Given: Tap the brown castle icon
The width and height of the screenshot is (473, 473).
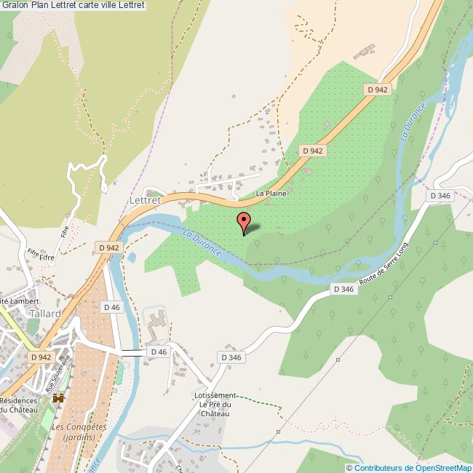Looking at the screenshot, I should [57, 398].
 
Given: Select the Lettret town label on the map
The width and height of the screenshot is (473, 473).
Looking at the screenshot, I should [144, 198].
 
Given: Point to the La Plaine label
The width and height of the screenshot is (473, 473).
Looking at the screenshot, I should [271, 194].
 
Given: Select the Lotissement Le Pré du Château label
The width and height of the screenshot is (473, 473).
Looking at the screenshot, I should [212, 404].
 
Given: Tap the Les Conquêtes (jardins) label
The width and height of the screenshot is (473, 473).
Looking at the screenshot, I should [79, 432].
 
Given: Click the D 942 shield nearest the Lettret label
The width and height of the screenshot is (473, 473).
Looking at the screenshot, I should [108, 247].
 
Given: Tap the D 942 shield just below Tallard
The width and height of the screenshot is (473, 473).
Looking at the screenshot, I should [41, 357].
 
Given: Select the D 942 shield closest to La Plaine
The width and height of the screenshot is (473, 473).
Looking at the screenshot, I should [312, 151].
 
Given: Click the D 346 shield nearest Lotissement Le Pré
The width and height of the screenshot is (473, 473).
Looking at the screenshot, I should [231, 357].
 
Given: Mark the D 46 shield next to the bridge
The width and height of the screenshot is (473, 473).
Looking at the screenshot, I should [158, 352].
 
